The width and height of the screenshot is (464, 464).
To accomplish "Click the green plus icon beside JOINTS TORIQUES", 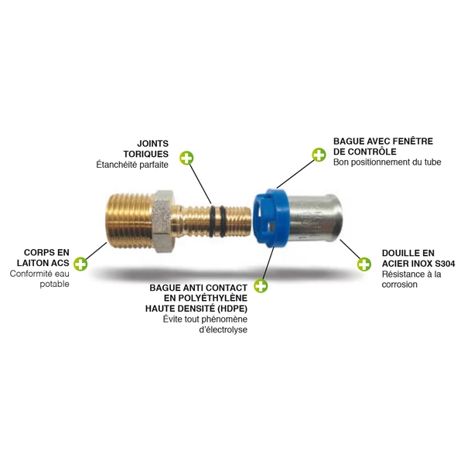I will coord(186,159).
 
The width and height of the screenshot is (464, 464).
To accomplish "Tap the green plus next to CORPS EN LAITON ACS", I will coord(80,263).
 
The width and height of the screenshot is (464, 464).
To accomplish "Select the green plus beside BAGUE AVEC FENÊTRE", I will coord(319,155).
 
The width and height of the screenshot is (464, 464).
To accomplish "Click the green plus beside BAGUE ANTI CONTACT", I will coord(261,286).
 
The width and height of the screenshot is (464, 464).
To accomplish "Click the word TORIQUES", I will coord(146,153).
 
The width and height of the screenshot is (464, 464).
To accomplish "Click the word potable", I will coord(55,284).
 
